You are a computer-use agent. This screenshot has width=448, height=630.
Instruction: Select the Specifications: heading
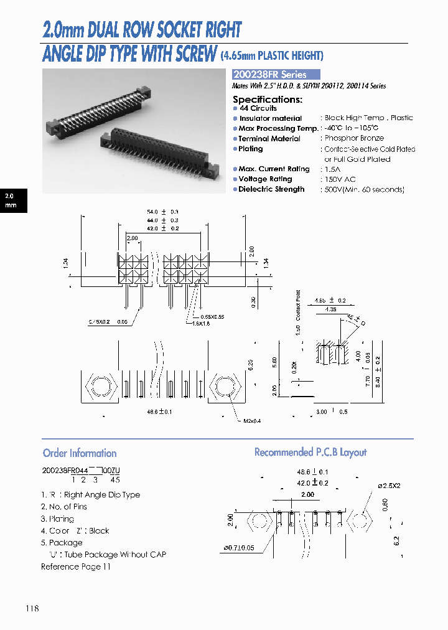(x=268, y=99)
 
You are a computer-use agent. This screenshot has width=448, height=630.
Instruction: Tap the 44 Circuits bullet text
(x=258, y=108)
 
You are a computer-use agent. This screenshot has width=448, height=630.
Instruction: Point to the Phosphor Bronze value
(x=354, y=138)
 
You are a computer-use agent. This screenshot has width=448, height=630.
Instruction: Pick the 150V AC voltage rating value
(x=341, y=179)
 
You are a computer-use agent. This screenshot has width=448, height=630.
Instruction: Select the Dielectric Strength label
(x=271, y=189)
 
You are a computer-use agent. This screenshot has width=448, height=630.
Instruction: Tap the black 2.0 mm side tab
(x=13, y=200)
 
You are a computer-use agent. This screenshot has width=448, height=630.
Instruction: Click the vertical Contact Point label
(x=298, y=305)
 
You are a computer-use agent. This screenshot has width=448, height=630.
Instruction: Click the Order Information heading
(x=80, y=453)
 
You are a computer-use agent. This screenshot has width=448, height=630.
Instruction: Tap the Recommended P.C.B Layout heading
(x=310, y=452)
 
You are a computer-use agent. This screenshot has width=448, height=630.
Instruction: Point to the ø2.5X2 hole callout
(x=391, y=485)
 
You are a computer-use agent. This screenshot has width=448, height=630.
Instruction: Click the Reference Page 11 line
(x=75, y=567)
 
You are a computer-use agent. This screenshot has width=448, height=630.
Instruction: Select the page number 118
(x=32, y=608)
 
